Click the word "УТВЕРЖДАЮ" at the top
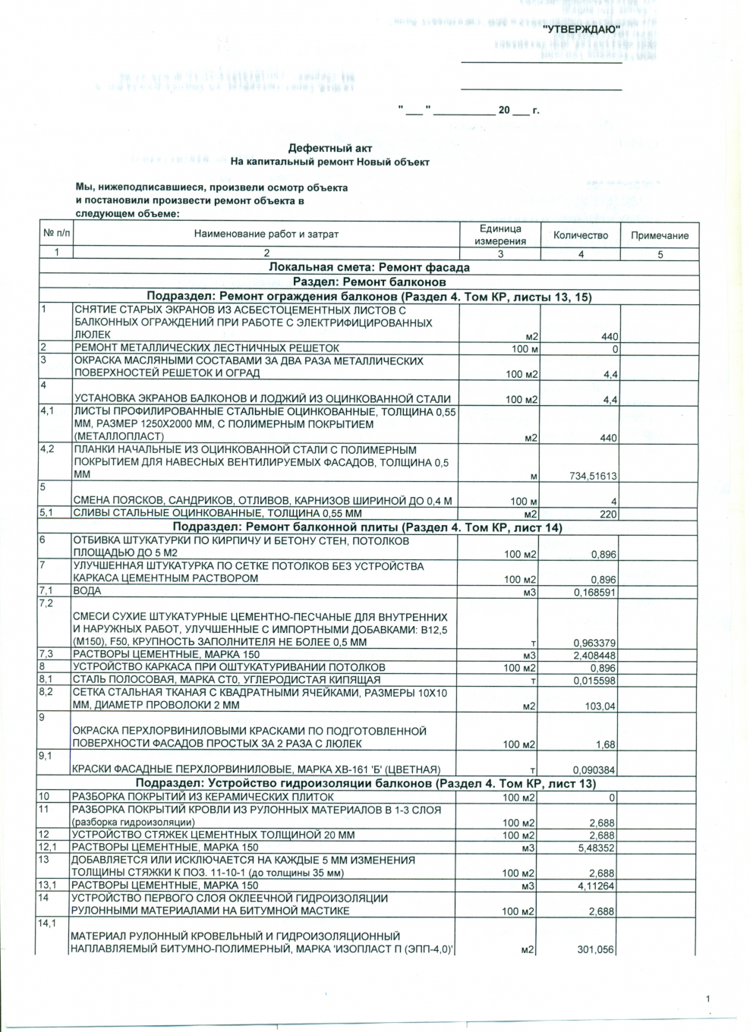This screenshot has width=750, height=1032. pyautogui.click(x=582, y=28)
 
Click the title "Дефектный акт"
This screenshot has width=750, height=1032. pyautogui.click(x=330, y=148)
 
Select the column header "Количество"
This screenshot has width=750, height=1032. pyautogui.click(x=581, y=235)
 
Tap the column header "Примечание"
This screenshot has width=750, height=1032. pyautogui.click(x=660, y=235)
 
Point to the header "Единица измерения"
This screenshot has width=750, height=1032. pyautogui.click(x=500, y=235)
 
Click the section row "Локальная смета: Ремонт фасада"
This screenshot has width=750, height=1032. pyautogui.click(x=369, y=267)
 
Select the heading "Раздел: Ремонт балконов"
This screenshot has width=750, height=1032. pyautogui.click(x=369, y=281)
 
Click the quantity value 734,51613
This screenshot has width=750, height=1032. pyautogui.click(x=594, y=476)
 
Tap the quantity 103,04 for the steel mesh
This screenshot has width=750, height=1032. pyautogui.click(x=600, y=706)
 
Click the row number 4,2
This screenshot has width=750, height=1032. pyautogui.click(x=47, y=449)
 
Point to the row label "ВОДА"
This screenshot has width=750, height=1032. pyautogui.click(x=82, y=590)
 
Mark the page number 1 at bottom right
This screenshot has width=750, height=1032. pyautogui.click(x=707, y=999)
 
